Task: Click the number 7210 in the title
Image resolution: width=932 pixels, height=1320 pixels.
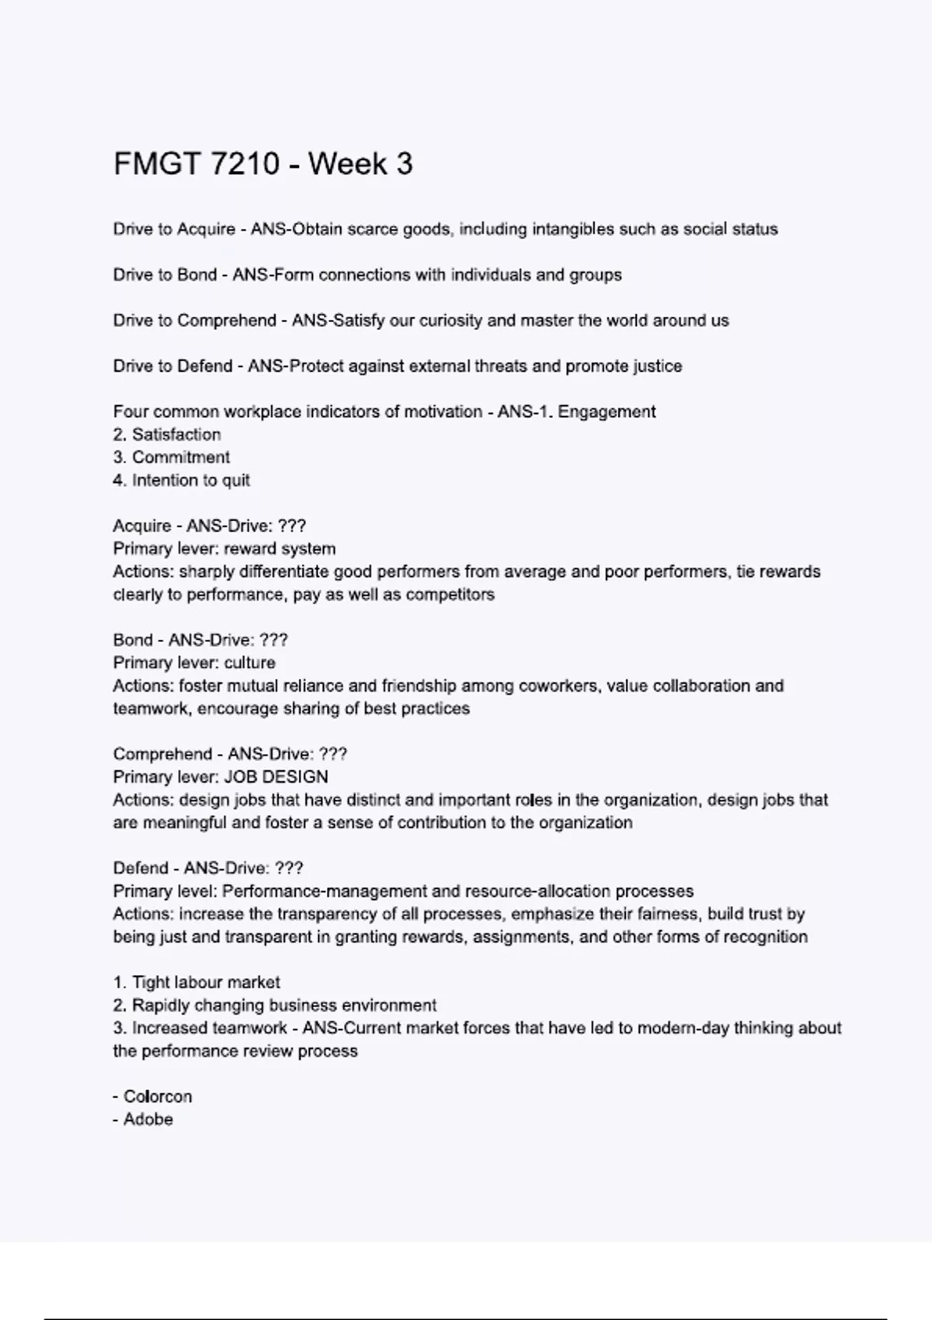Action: pos(245,164)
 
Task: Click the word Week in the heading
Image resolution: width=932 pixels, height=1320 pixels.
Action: pos(345,164)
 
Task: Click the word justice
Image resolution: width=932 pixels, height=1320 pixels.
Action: pos(656,366)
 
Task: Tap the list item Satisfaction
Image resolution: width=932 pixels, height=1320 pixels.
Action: pos(176,435)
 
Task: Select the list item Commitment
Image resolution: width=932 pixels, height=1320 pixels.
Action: pos(181,457)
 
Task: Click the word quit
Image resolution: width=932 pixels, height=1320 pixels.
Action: pos(236,481)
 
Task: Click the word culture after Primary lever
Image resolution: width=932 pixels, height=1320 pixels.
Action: pos(249,663)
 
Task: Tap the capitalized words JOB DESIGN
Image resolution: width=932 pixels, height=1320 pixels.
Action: pos(276,777)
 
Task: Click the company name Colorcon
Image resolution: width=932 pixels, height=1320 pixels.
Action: pos(158,1097)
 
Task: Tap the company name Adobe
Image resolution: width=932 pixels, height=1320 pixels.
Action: pos(148,1120)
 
